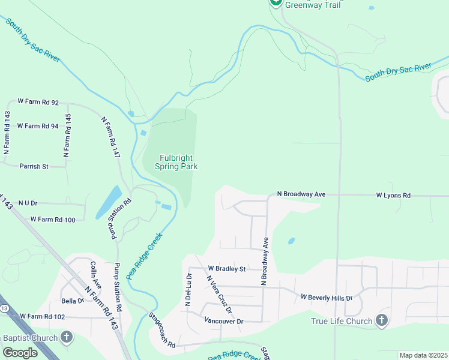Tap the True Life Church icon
(x=382, y=320)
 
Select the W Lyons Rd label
(x=393, y=195)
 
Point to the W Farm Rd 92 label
(x=38, y=102)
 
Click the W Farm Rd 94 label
(x=38, y=126)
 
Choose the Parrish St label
(x=34, y=166)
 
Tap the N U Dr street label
(x=28, y=203)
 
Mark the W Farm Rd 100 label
(x=53, y=220)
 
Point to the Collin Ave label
(x=94, y=274)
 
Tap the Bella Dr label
(x=72, y=301)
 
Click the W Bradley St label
(x=227, y=269)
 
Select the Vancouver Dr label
(x=223, y=321)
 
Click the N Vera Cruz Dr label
(x=219, y=294)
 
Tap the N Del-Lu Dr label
(x=187, y=291)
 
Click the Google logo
(x=20, y=353)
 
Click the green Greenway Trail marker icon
(x=276, y=2)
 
